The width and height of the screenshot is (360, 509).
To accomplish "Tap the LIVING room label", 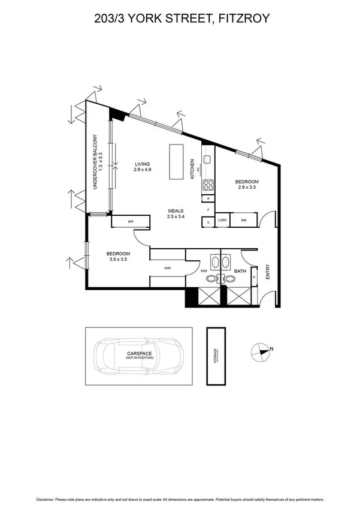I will point(142,164).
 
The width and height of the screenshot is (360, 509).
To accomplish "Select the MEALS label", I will point(175,210).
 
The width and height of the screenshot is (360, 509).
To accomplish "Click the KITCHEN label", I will point(192,169).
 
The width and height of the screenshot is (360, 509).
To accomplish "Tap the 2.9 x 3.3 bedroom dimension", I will point(246,188).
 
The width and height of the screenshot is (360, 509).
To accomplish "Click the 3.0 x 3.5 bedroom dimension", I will point(117,260).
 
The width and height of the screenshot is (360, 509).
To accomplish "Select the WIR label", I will point(168,269).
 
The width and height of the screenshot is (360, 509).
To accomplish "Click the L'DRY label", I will point(222,221).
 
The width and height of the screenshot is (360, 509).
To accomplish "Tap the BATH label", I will point(239,270).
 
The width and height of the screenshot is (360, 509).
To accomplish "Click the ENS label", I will point(204,271).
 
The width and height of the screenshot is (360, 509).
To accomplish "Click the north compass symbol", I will point(261,353).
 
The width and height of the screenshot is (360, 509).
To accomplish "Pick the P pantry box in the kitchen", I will point(208,198).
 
